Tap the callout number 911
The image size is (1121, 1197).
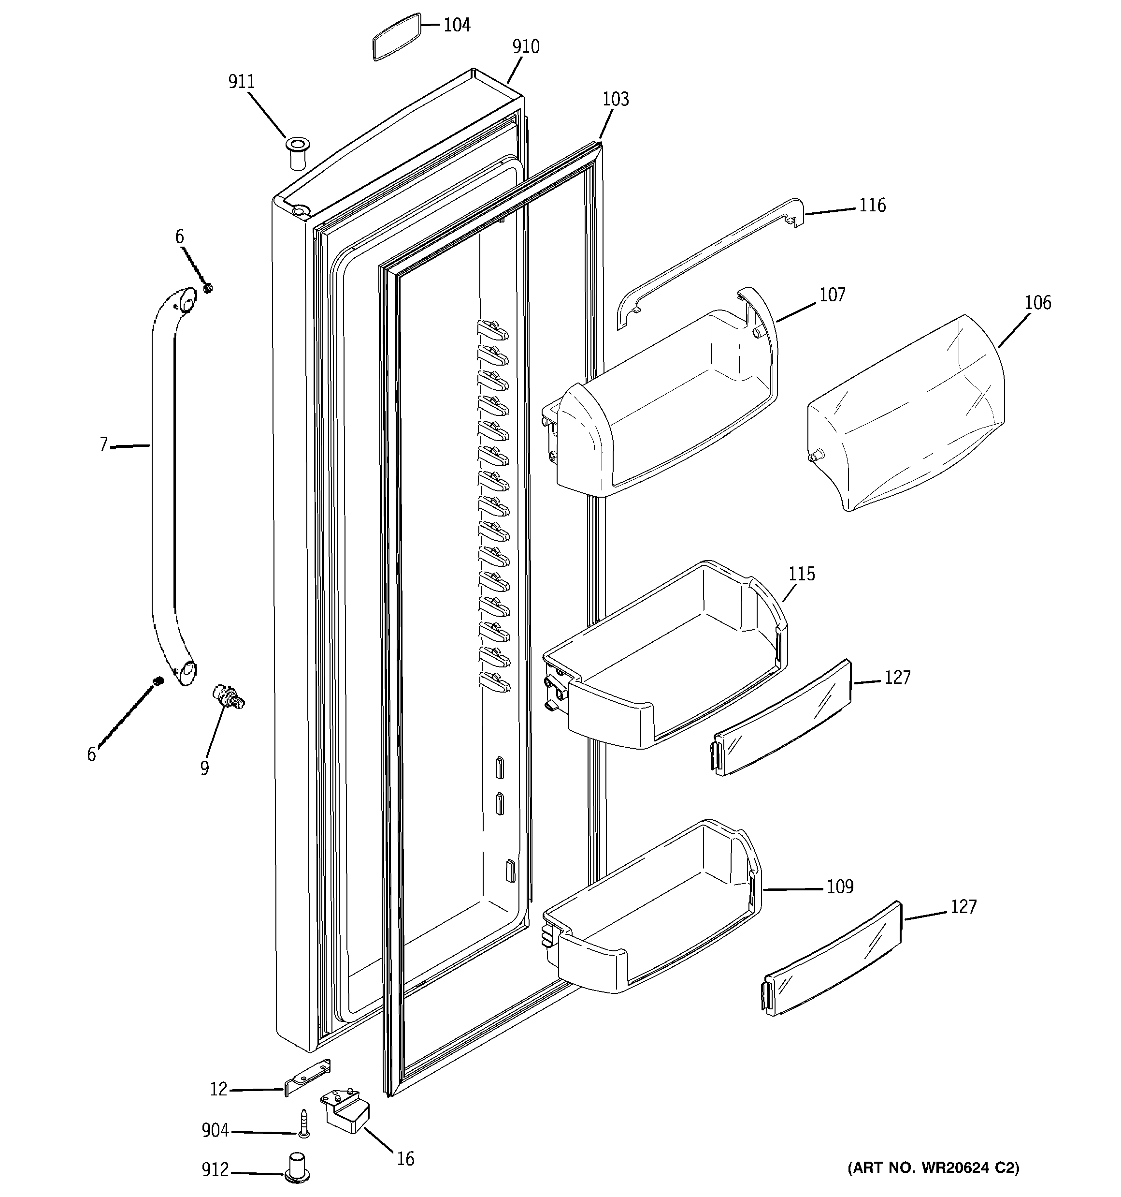[x=241, y=82]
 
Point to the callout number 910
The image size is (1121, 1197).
[x=525, y=47]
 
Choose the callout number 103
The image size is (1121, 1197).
[x=616, y=99]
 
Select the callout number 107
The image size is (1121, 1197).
[x=832, y=295]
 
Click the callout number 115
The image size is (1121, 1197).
[x=802, y=574]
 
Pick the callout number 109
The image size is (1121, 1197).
[x=839, y=887]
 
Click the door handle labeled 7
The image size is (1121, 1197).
[x=162, y=482]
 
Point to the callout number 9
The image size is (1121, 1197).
[x=204, y=768]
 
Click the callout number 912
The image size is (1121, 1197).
[x=216, y=1170]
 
